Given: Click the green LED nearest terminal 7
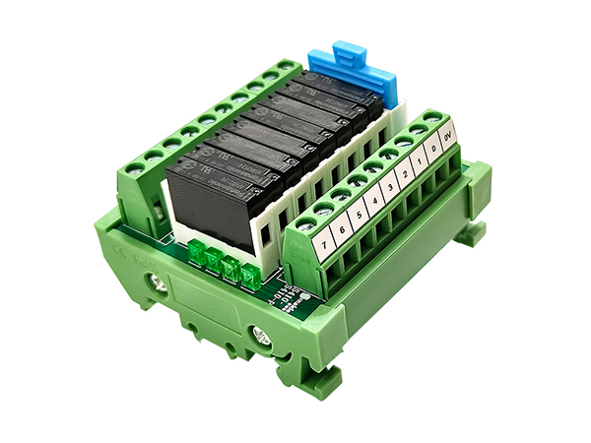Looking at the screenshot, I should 252,276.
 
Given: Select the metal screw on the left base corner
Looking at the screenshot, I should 157,285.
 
